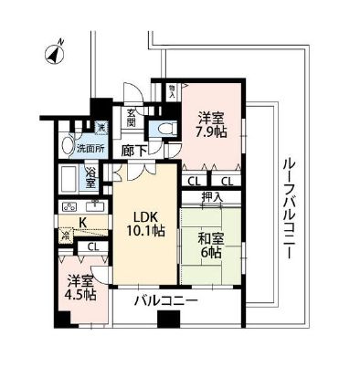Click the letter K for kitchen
82,223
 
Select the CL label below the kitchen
92,246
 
